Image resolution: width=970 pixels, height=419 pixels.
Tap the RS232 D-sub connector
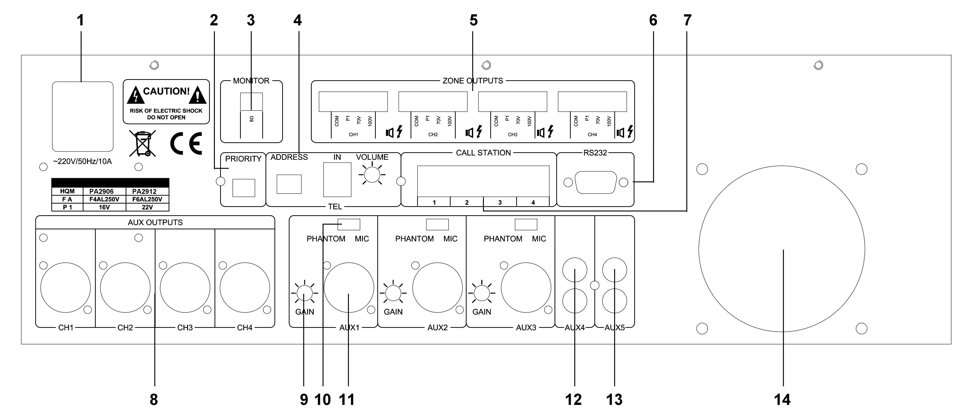[x=596, y=183]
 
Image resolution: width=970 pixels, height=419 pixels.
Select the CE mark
[x=186, y=143]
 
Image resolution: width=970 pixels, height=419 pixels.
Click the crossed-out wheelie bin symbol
[x=142, y=143]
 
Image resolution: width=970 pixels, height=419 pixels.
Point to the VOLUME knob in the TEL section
[x=372, y=175]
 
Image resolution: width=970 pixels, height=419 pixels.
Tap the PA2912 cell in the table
[x=144, y=191]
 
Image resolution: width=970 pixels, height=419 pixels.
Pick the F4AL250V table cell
[x=104, y=199]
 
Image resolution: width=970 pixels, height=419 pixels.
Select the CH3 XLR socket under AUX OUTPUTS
[x=185, y=288]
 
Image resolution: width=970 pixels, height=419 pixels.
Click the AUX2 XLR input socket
[x=437, y=288]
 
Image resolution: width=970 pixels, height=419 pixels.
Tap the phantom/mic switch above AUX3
[x=526, y=224]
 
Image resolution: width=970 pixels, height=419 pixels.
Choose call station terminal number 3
[x=500, y=202]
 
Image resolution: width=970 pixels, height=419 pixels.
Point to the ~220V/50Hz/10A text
[x=83, y=161]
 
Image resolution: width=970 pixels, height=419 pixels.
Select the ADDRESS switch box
[x=289, y=184]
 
